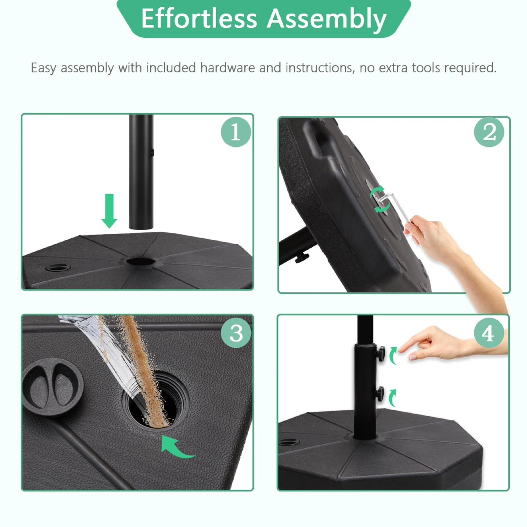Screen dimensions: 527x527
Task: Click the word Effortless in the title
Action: click(199, 18)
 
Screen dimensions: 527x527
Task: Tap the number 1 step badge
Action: click(236, 132)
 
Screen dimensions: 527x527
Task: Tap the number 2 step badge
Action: click(489, 132)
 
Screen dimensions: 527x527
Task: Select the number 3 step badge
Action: click(236, 333)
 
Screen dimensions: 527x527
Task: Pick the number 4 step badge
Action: click(489, 333)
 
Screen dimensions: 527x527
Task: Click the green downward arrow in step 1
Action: click(109, 211)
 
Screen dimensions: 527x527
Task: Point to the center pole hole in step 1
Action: click(140, 261)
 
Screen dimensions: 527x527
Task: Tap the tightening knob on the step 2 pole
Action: click(302, 257)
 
